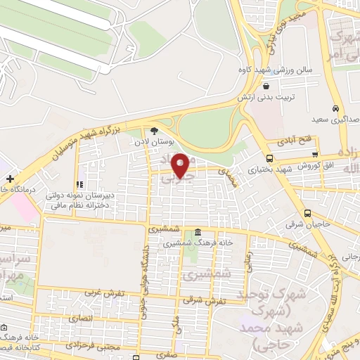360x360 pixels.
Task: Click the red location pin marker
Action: click(181, 165)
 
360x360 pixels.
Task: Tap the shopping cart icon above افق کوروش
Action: click(315, 155)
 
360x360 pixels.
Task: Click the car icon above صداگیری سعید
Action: click(337, 108)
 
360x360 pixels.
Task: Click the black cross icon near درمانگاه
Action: click(9, 179)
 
